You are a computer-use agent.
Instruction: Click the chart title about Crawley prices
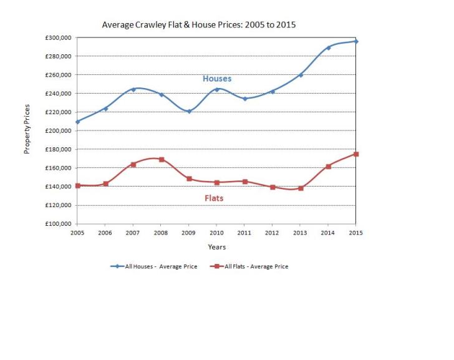[198, 25]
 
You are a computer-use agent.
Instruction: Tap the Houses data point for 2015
[356, 41]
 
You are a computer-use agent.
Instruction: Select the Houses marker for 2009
[189, 111]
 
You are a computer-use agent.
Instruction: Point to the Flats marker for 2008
[162, 159]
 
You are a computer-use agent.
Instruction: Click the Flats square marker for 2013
[301, 188]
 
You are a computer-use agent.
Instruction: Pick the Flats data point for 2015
[356, 154]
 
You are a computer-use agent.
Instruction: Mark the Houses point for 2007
[133, 89]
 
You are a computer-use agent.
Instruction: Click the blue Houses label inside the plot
[216, 79]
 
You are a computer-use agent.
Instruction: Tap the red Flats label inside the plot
[214, 198]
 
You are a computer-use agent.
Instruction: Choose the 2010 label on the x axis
[216, 233]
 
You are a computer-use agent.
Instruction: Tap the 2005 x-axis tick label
[77, 233]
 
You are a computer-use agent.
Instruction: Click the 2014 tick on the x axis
[328, 233]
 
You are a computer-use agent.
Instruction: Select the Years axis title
[216, 247]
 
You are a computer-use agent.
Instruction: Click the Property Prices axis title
[27, 130]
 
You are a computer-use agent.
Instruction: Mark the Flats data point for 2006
[106, 183]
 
